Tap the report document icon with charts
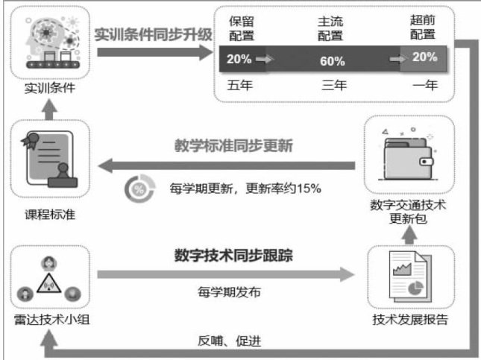pyautogui.click(x=408, y=280)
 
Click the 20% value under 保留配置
pyautogui.click(x=239, y=59)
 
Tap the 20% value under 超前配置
pyautogui.click(x=425, y=57)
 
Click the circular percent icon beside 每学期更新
pyautogui.click(x=137, y=189)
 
